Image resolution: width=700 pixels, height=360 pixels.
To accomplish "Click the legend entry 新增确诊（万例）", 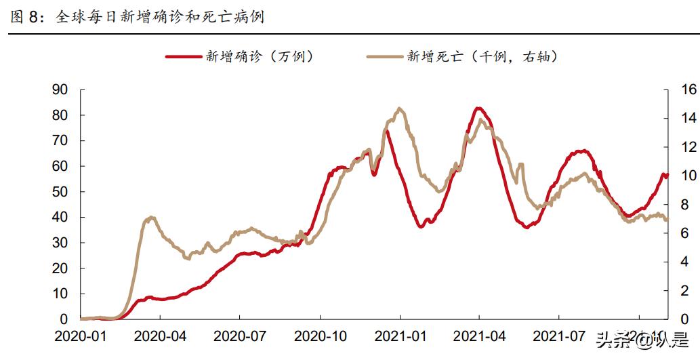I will pos(241,57).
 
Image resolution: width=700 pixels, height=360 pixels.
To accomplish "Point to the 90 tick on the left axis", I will pos(60,89).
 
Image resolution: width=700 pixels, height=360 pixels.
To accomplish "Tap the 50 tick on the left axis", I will pos(60,192).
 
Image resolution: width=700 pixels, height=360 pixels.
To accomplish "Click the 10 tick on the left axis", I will pos(60,294).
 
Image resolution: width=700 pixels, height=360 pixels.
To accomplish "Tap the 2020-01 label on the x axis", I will pos(81,336).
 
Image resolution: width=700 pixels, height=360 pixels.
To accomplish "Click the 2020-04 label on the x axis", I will pos(160,336).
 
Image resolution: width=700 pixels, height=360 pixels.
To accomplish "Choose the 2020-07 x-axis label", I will pos(240,336).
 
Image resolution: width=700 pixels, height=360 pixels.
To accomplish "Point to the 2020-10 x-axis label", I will pos(320,336).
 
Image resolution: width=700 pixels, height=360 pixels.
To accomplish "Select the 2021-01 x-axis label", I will pos(400,336).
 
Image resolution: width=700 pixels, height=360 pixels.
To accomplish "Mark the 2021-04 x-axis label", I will pos(479,336).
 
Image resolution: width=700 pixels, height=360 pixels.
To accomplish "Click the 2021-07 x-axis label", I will pos(558,336).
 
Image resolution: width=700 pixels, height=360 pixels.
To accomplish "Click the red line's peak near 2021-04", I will pos(478,108).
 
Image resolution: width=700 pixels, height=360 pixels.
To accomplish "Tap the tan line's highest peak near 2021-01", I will pos(399,108).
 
